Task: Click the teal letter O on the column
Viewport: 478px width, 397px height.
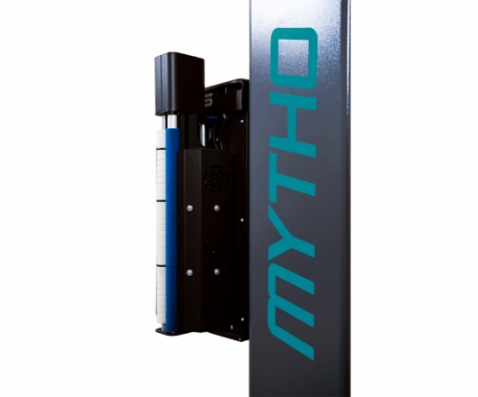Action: [x=294, y=59]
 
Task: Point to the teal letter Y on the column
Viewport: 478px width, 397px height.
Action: [x=292, y=230]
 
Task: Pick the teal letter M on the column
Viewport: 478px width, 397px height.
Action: [x=291, y=310]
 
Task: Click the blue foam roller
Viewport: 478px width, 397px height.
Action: [x=172, y=230]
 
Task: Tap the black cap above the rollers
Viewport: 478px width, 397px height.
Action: [x=180, y=84]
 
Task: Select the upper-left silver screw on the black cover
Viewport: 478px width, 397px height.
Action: [x=190, y=208]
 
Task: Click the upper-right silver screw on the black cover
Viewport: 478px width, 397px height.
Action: [x=217, y=208]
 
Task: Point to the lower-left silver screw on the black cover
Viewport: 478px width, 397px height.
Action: [x=190, y=272]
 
